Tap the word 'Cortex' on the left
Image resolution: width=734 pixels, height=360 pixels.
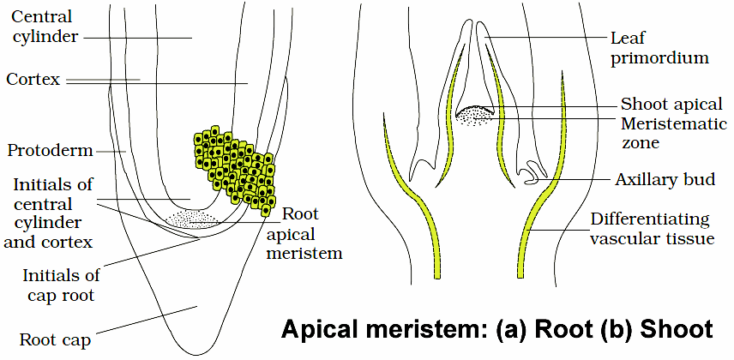33,80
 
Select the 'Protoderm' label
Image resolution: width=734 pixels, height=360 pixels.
49,151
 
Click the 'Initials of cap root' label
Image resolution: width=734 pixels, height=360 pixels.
61,285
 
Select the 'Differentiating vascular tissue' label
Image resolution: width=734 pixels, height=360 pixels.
652,229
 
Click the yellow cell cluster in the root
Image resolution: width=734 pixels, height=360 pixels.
234,167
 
